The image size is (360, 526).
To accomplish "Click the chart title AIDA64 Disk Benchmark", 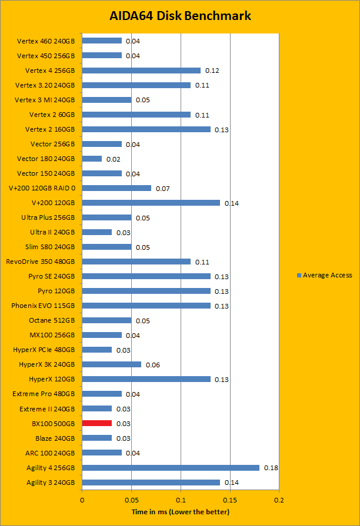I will (x=180, y=16).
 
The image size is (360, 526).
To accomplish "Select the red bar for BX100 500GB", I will (x=97, y=423).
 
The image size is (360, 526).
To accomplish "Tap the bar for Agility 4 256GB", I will (x=171, y=467).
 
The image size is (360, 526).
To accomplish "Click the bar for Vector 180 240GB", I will (x=92, y=159).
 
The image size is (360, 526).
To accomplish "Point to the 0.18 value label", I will (x=271, y=468).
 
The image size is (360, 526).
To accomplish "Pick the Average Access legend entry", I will (x=324, y=275).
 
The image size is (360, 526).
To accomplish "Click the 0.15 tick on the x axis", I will (x=230, y=500).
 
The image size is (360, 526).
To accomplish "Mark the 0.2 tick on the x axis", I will (x=279, y=500).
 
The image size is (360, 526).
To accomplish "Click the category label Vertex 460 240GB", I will (x=46, y=41).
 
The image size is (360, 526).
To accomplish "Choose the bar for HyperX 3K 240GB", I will (x=112, y=364).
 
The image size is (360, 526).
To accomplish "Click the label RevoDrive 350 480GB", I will (x=40, y=262).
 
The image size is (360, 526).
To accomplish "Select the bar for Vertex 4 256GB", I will (x=141, y=71).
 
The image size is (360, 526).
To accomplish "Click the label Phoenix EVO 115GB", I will (x=43, y=306).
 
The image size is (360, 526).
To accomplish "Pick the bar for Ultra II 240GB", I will (x=97, y=232).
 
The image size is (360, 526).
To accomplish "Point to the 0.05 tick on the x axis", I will (x=131, y=500).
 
